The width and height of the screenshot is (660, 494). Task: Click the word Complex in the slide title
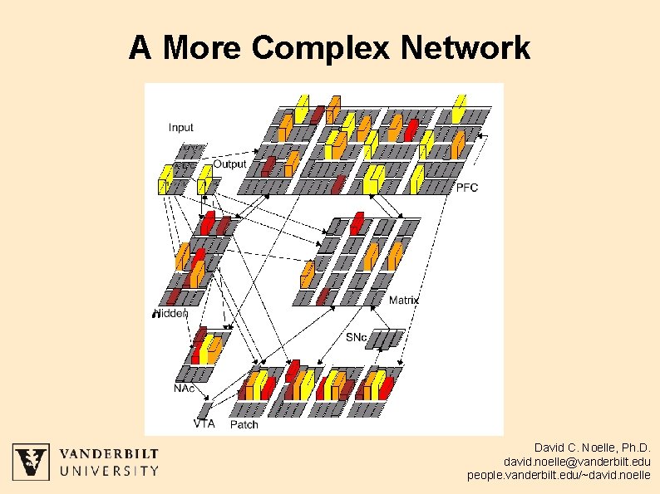[321, 48]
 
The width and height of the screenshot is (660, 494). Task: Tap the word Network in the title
[465, 48]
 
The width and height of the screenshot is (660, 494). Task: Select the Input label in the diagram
[180, 127]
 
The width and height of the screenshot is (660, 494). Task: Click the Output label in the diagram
[229, 164]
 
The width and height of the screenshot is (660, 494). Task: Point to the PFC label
[467, 187]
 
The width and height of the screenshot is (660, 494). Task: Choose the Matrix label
[404, 300]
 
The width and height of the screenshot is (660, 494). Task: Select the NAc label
[185, 388]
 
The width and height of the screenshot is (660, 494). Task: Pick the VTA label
[204, 423]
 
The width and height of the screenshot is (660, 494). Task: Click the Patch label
[244, 424]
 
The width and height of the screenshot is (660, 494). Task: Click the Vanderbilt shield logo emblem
[30, 461]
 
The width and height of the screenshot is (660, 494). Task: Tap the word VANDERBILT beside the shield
[109, 453]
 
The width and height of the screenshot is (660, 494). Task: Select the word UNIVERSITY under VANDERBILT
[109, 471]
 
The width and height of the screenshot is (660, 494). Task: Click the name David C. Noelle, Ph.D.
[593, 447]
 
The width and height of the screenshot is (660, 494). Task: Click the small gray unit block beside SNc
[386, 339]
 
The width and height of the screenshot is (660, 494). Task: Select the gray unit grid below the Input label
[191, 152]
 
